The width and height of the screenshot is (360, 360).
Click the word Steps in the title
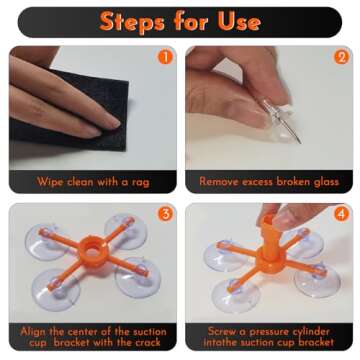point(132,22)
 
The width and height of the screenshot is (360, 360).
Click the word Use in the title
point(239,22)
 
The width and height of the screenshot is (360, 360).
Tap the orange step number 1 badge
point(165,57)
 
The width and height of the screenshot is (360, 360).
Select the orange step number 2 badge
point(341,57)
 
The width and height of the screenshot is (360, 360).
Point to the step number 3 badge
point(165,214)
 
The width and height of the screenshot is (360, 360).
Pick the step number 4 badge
point(341,214)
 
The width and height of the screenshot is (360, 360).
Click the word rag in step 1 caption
point(141,182)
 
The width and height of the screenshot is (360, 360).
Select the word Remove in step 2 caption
point(219,182)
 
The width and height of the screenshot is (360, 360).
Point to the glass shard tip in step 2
point(301,143)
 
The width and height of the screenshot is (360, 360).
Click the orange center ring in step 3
point(93,251)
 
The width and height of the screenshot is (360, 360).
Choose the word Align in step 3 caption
point(34,332)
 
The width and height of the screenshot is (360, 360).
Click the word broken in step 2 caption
point(286,182)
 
